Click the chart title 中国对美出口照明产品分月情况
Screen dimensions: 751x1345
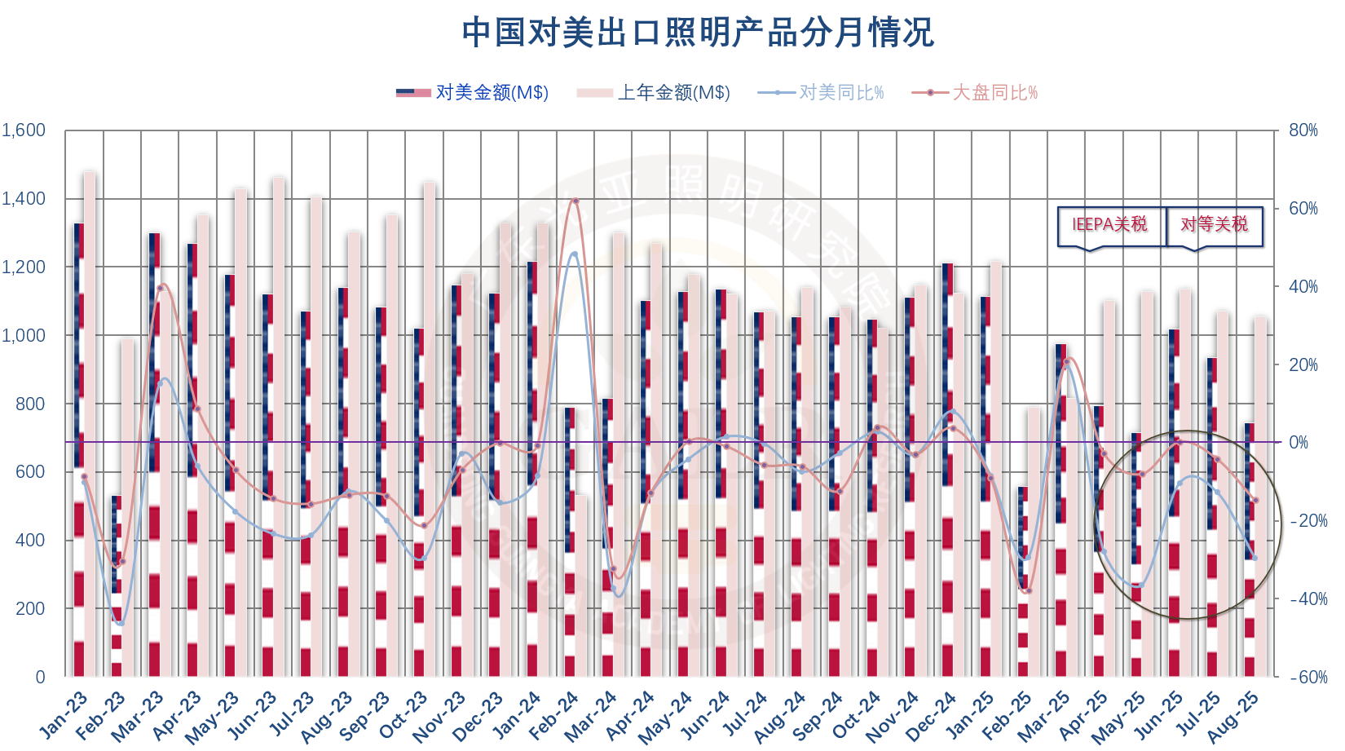click(697, 33)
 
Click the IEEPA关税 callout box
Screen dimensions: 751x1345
click(1109, 225)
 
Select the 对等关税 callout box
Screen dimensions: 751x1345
click(1214, 225)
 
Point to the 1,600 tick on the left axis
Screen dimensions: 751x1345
click(24, 130)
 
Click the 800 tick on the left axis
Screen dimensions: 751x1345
click(30, 404)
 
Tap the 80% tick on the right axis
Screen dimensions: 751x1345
click(1303, 130)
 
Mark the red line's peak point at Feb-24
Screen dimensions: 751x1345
click(575, 201)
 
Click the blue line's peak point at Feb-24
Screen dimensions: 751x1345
click(575, 254)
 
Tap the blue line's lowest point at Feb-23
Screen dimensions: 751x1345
click(121, 623)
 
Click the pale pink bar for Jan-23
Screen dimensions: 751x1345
click(90, 424)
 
